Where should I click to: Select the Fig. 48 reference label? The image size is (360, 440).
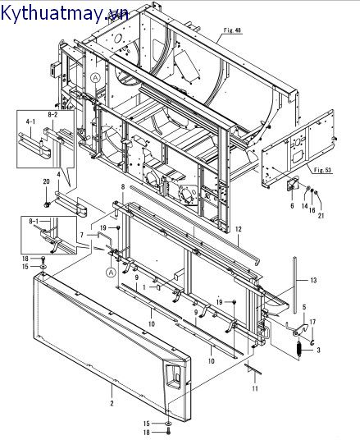[x=232, y=30]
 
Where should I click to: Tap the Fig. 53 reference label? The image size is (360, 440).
[x=322, y=170]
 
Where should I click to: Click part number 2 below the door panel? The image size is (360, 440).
[x=112, y=403]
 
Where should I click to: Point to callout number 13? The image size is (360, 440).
[x=313, y=280]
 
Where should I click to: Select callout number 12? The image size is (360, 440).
[x=239, y=229]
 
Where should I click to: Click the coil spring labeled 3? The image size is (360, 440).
[x=298, y=350]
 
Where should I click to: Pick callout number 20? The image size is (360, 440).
[x=46, y=181]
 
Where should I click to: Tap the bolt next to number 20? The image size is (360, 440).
[x=47, y=204]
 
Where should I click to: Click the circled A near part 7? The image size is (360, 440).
[x=112, y=272]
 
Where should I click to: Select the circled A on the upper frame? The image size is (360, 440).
[x=95, y=78]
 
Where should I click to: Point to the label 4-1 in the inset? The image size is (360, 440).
[x=30, y=121]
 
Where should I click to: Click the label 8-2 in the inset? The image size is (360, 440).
[x=52, y=114]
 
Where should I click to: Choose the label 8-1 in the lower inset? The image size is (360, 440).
[x=34, y=221]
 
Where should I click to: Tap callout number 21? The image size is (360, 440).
[x=321, y=216]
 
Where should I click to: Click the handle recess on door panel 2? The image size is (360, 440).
[x=174, y=377]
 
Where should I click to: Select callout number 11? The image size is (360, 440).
[x=255, y=388]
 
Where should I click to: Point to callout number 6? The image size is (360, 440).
[x=292, y=206]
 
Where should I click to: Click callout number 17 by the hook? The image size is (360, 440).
[x=312, y=322]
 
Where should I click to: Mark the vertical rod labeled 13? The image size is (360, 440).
[x=294, y=285]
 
